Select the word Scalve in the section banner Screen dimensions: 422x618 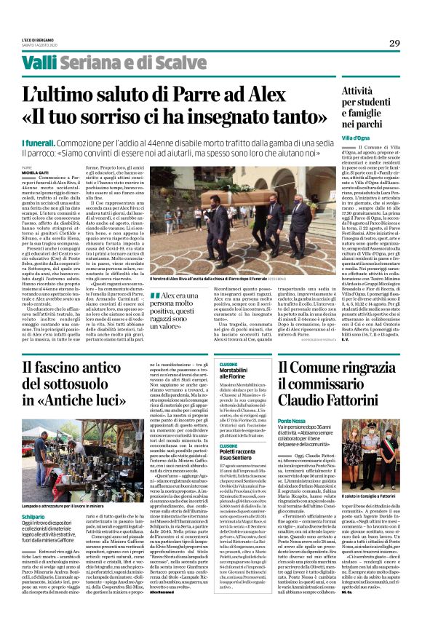click(x=178, y=63)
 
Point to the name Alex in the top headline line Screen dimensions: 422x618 click(x=271, y=94)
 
